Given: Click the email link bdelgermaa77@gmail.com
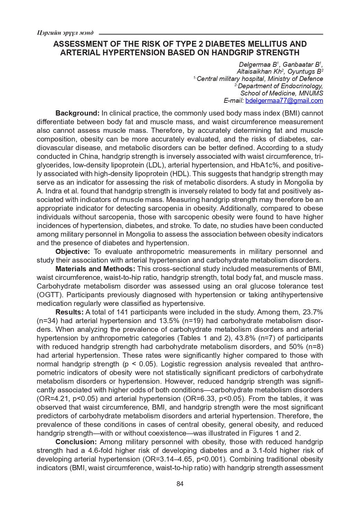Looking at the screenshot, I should coord(286,101).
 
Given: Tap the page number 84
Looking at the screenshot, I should coord(180,484).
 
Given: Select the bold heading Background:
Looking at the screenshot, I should coord(78,113).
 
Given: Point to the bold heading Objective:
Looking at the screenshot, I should coord(73,252).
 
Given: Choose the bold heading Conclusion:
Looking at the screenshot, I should coord(76,442).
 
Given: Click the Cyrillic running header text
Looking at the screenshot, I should coord(65,33).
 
